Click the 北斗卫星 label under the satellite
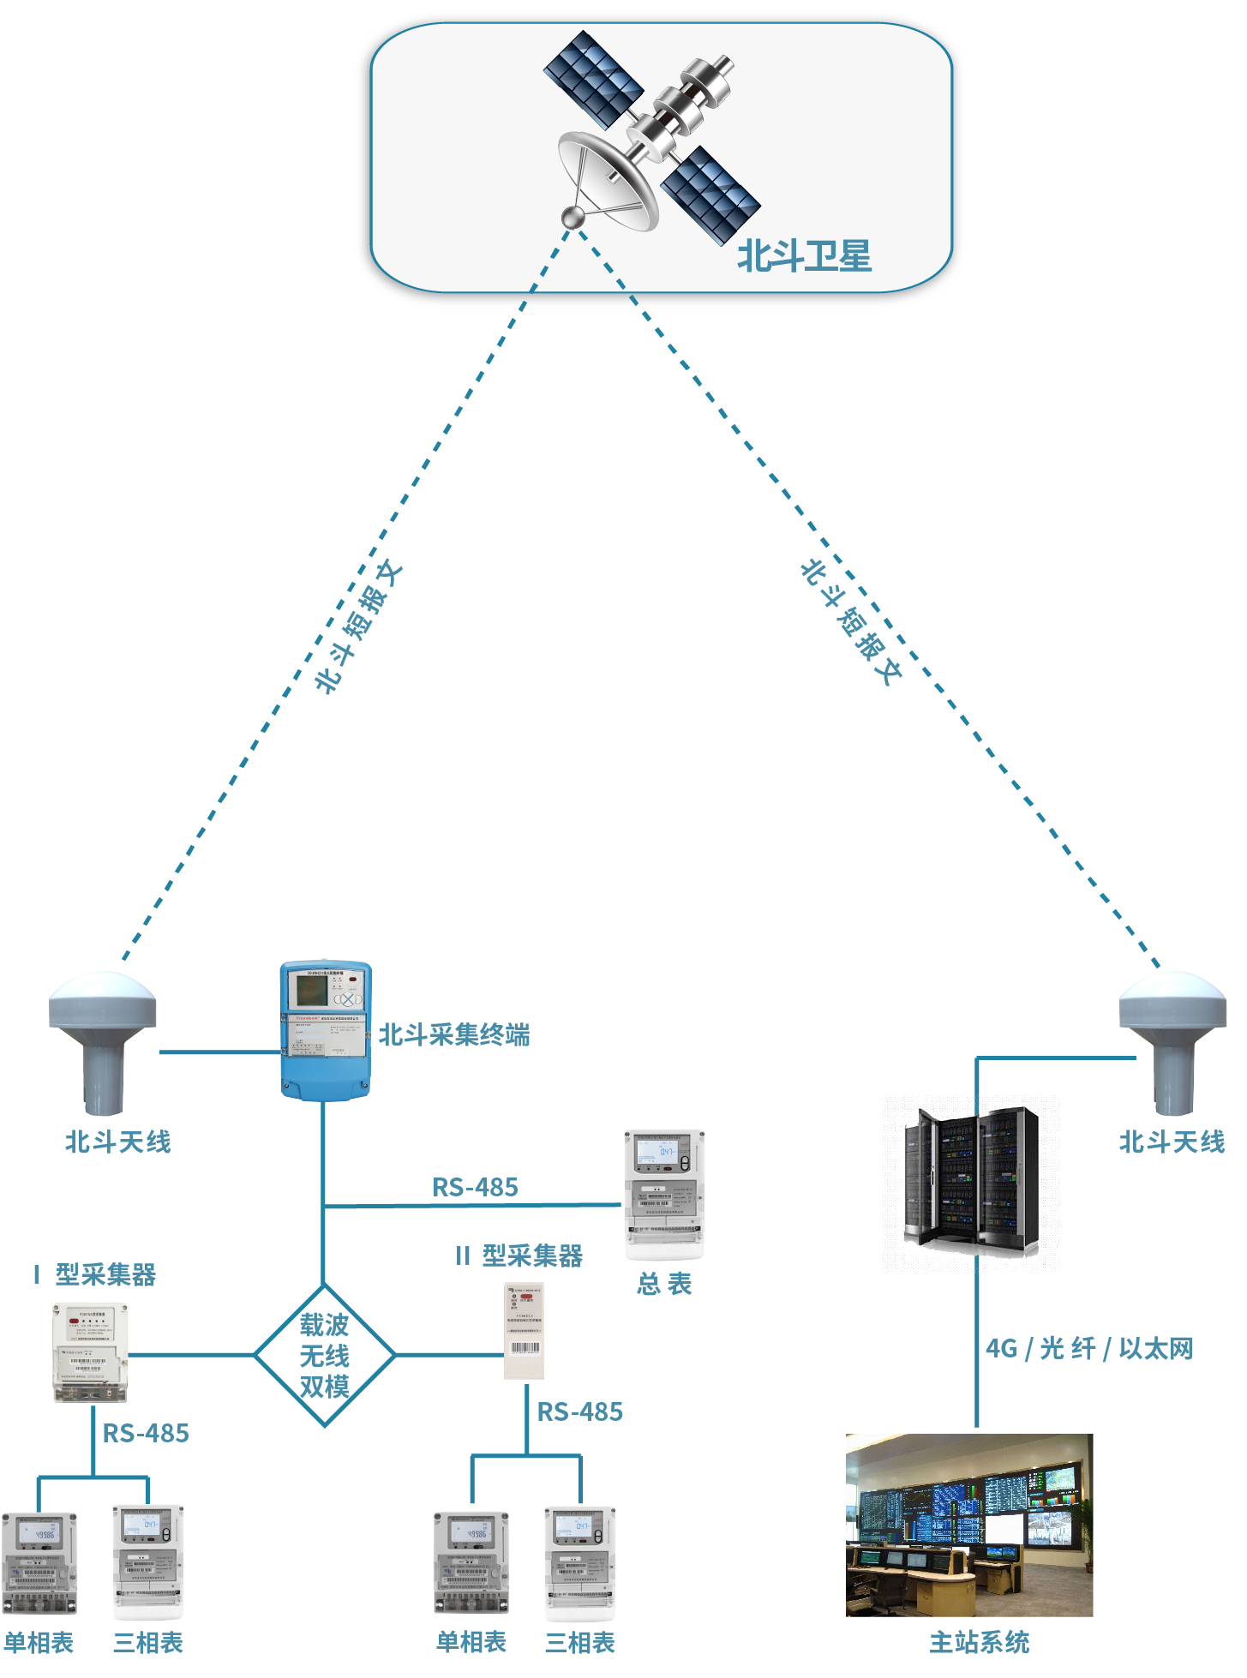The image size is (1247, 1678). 804,256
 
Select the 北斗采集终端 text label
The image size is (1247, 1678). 454,1035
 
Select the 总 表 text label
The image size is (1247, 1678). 664,1284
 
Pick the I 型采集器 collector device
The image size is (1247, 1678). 90,1352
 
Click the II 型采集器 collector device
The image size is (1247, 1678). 524,1331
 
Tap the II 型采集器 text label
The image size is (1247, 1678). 519,1256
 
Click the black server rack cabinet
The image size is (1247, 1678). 971,1178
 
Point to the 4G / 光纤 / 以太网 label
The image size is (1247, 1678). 1088,1349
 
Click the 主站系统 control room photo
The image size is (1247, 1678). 969,1525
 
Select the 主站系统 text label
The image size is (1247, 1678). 980,1642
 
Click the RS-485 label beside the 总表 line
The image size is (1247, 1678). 475,1187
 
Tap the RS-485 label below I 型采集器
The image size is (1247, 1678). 146,1433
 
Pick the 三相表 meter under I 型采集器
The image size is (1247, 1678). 148,1561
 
